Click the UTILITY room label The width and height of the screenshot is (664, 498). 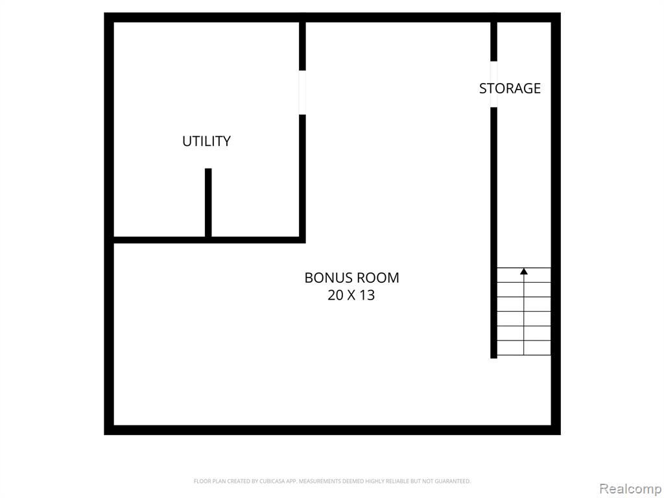coord(206,141)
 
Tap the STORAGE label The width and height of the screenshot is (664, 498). coord(510,88)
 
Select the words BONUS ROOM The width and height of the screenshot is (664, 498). coord(351,278)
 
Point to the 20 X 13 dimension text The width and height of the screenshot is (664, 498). coord(351,295)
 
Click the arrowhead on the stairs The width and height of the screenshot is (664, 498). coord(524,271)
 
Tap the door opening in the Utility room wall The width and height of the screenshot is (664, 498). coord(302,92)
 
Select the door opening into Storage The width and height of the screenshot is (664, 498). coord(493,84)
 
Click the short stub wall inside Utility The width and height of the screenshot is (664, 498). coord(208,202)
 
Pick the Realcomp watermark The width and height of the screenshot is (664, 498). coord(630,489)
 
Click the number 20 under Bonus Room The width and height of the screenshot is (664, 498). coord(335,295)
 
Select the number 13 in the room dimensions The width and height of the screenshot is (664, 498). coord(367,295)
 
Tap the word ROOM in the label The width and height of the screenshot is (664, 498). coord(376,278)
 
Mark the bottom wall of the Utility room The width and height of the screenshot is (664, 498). coord(208,240)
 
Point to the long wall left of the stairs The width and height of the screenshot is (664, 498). coord(493,233)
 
